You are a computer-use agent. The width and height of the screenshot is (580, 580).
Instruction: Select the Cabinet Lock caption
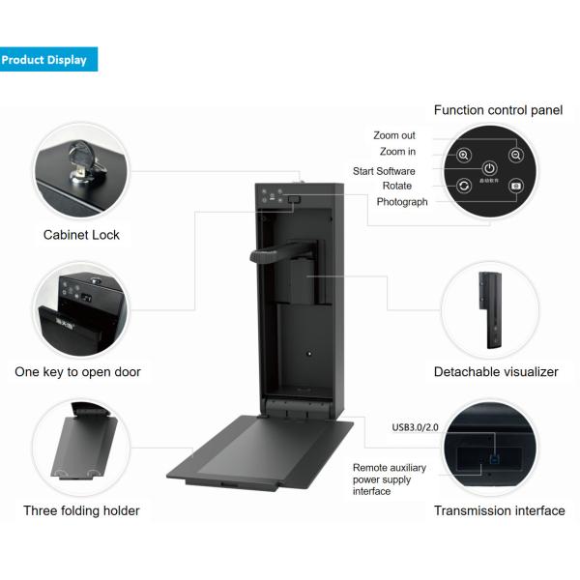pos(82,234)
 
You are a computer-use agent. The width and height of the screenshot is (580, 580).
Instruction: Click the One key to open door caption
pos(77,372)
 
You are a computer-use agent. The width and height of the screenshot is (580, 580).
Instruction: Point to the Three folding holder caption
pos(81,510)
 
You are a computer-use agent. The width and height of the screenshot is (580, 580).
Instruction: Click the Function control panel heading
pos(498,110)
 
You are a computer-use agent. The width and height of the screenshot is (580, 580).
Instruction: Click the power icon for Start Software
pos(490,168)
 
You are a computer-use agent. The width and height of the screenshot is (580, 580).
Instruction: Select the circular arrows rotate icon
pos(464,185)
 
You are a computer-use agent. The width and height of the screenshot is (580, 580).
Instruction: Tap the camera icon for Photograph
pos(516,185)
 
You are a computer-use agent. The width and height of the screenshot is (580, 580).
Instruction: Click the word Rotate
pos(396,186)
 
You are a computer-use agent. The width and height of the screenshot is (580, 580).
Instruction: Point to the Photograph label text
pos(402,202)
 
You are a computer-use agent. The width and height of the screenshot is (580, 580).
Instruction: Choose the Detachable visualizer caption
pos(496,372)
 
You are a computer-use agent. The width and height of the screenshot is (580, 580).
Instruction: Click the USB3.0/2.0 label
pos(414,426)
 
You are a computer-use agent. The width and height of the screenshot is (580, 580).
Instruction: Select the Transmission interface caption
pos(499,510)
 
